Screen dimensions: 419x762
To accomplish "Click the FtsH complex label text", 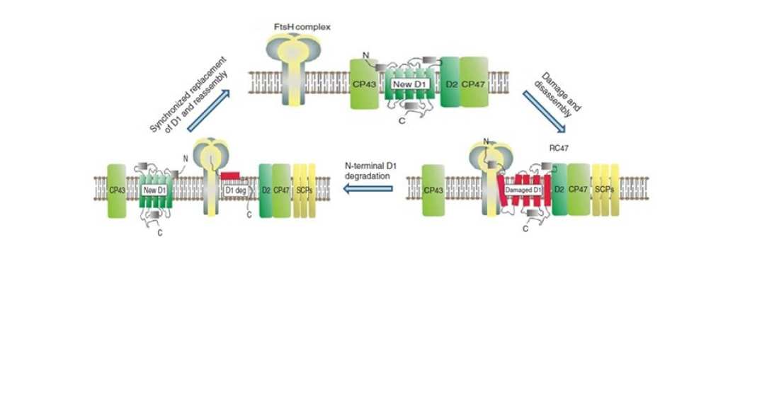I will (302, 27).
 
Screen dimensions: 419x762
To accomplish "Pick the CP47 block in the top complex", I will (474, 84).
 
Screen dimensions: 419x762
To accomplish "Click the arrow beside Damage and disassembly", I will (545, 112).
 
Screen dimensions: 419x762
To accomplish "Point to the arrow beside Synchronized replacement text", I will (213, 112).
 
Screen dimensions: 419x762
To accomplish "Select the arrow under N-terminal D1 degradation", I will (368, 188).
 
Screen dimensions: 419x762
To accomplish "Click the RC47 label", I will (560, 149).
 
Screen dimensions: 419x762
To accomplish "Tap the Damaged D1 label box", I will (524, 189).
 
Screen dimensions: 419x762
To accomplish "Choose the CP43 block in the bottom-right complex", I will (433, 189).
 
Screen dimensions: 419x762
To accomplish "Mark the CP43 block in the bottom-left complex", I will (117, 189).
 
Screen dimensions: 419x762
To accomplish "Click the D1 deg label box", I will (234, 189).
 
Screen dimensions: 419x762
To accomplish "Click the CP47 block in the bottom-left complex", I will (281, 189).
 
